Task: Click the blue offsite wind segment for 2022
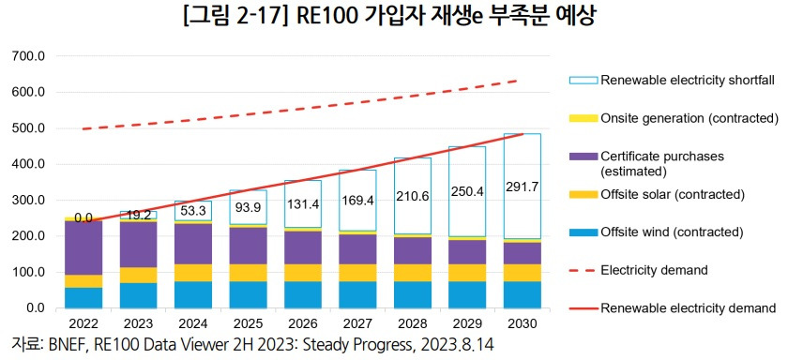point(84,297)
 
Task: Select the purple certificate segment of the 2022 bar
point(84,247)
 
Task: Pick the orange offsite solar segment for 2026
point(303,272)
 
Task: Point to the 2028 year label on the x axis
point(412,324)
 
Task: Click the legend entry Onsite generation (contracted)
point(689,118)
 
